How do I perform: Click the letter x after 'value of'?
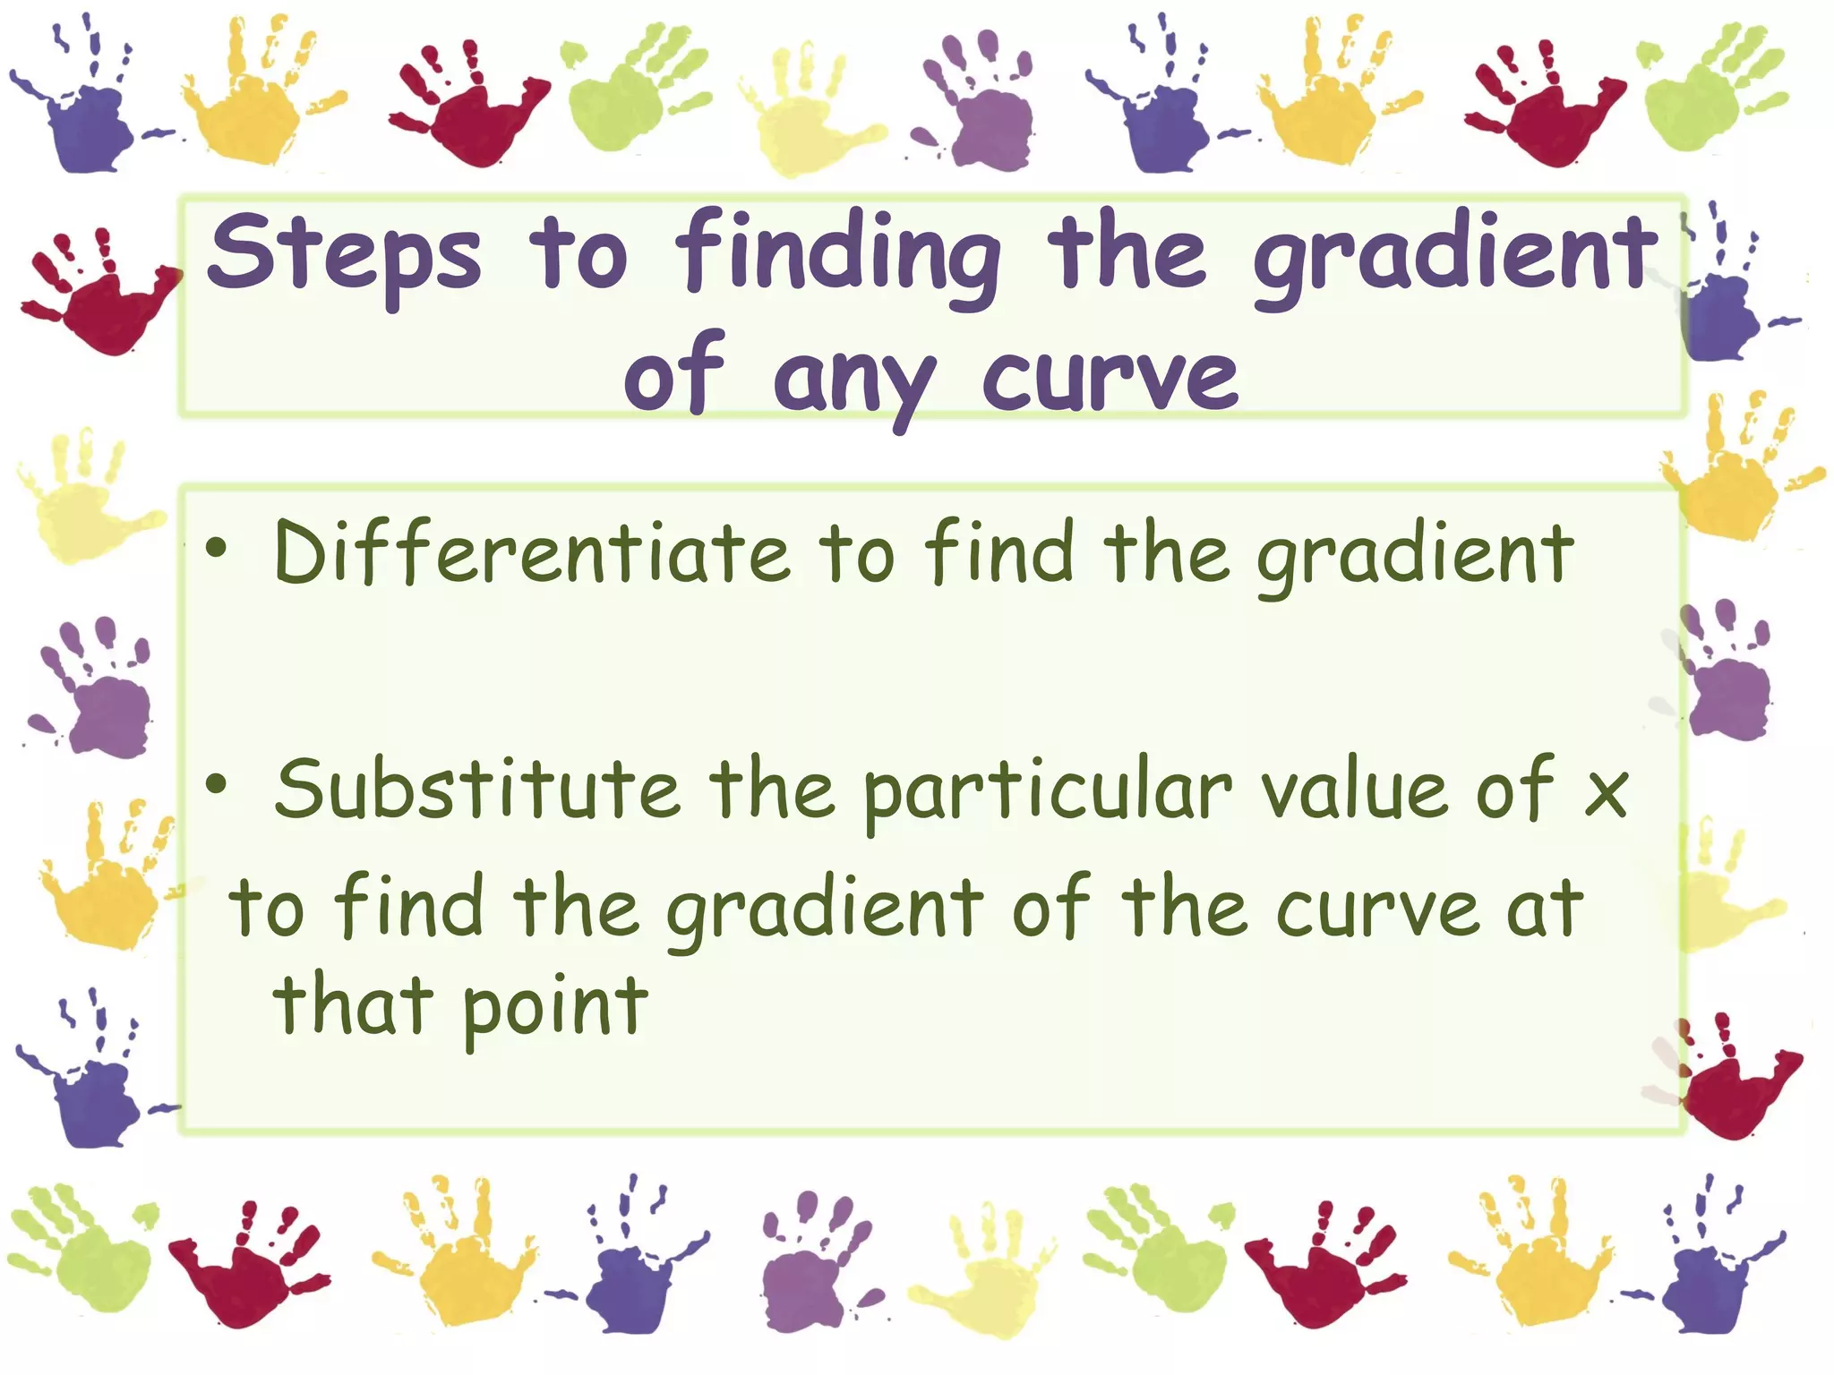click(x=1606, y=792)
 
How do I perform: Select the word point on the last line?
click(x=555, y=1007)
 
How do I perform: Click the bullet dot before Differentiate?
click(x=216, y=549)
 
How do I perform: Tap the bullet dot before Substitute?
click(x=216, y=785)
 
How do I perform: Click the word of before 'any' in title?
click(x=673, y=376)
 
